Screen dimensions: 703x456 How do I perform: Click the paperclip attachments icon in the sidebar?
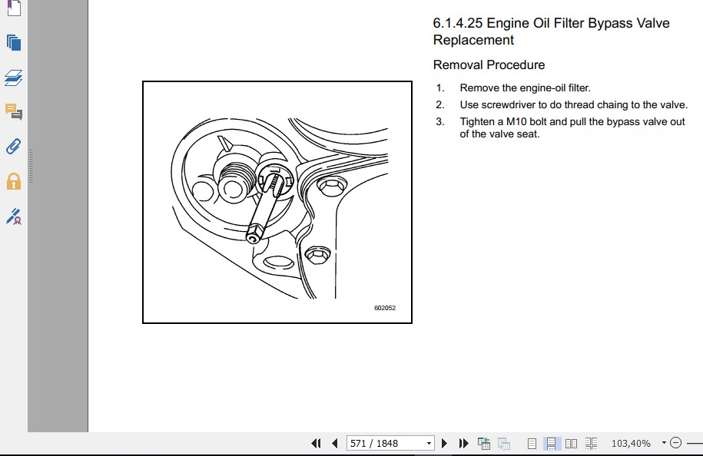pos(14,147)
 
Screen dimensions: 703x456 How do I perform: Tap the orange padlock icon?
pos(14,181)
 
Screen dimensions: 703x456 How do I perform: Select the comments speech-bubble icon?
pos(14,111)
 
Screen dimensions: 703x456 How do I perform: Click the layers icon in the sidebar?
pos(14,78)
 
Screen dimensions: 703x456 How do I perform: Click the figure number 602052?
pos(385,308)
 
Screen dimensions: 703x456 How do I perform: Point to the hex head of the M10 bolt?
pos(254,233)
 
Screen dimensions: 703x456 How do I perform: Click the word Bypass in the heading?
pos(606,23)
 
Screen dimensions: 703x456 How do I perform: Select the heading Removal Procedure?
pos(489,65)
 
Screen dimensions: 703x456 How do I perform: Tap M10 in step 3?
pos(516,122)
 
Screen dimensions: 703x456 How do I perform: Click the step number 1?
pos(439,88)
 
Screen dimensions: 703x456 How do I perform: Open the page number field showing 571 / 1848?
pos(390,443)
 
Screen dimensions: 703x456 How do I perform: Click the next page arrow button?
pos(444,444)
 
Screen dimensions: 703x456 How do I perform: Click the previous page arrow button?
pos(335,444)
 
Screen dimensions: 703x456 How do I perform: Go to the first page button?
pos(316,444)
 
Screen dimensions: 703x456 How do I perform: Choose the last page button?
pos(463,444)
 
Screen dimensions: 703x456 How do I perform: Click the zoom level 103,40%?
pos(631,444)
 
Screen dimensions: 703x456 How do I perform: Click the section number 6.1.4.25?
pos(457,23)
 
